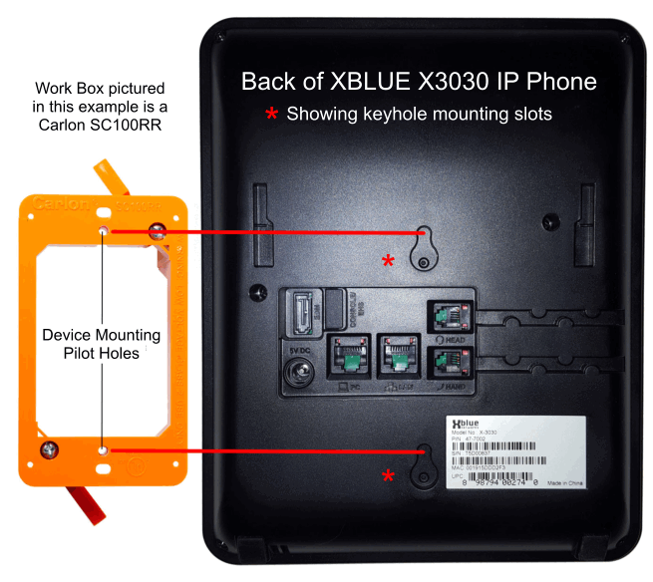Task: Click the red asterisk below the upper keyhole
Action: point(388,262)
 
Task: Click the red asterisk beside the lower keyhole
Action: point(388,476)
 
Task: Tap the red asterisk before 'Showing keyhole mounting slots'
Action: point(270,115)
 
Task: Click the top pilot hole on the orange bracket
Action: point(105,230)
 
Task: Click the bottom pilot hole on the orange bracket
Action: point(105,450)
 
